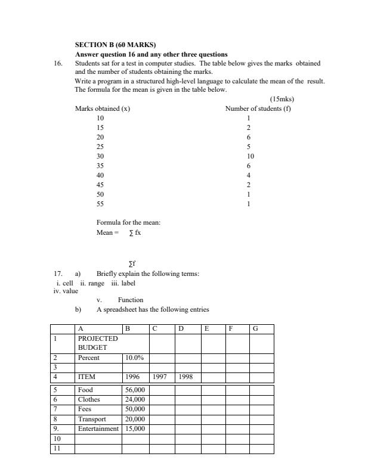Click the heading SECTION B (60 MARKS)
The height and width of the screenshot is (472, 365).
pyautogui.click(x=115, y=45)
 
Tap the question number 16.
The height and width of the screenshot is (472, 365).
pyautogui.click(x=58, y=63)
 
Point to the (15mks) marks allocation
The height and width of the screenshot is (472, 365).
pyautogui.click(x=282, y=99)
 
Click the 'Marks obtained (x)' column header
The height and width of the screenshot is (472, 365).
pyautogui.click(x=103, y=108)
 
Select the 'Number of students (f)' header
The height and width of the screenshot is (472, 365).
pyautogui.click(x=258, y=108)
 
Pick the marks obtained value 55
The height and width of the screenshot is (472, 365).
pyautogui.click(x=100, y=204)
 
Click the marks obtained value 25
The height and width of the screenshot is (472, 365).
pyautogui.click(x=100, y=147)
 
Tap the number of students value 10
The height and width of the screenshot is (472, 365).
pyautogui.click(x=250, y=156)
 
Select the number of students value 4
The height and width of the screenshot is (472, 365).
pyautogui.click(x=248, y=175)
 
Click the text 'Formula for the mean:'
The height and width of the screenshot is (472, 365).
pyautogui.click(x=124, y=222)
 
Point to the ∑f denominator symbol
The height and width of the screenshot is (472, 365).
pyautogui.click(x=132, y=263)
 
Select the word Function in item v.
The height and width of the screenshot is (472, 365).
pyautogui.click(x=131, y=300)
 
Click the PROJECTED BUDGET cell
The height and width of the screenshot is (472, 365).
pyautogui.click(x=98, y=343)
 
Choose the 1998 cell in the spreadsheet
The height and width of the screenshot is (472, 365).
pyautogui.click(x=185, y=377)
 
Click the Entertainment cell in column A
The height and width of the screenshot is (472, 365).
pyautogui.click(x=98, y=429)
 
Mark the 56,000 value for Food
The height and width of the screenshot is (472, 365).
pyautogui.click(x=135, y=390)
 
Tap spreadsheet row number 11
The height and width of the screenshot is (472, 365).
pyautogui.click(x=57, y=449)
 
